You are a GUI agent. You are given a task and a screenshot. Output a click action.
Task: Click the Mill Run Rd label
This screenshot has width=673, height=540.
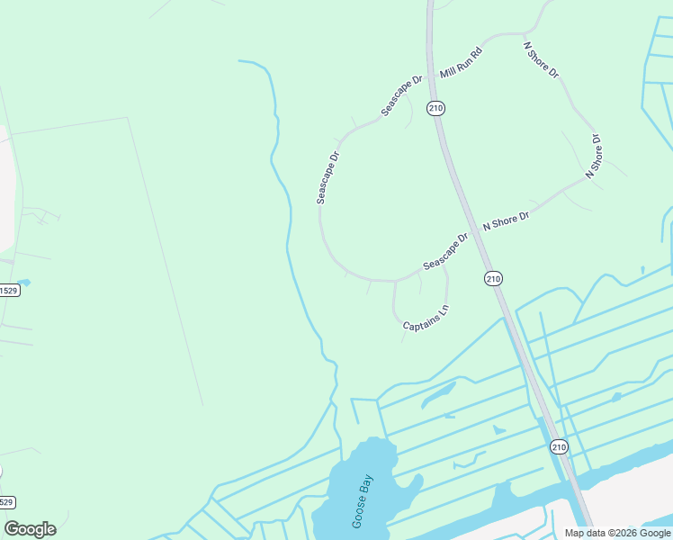(462, 62)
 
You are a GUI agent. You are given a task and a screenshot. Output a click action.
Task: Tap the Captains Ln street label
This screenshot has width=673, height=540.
(425, 319)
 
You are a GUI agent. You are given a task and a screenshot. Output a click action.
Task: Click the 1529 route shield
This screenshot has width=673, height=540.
(8, 290)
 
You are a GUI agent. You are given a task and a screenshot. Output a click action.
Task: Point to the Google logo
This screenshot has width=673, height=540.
(30, 529)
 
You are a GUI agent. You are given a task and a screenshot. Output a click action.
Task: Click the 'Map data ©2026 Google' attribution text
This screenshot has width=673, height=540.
(617, 533)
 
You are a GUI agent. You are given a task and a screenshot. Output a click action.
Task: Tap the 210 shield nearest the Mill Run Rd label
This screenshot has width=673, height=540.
(436, 108)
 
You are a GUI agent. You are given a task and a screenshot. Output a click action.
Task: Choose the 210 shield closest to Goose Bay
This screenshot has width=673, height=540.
(558, 446)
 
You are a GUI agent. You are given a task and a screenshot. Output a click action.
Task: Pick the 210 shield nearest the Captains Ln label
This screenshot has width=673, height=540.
(492, 278)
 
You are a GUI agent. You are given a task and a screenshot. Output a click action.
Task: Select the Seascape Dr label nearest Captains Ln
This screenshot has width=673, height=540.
(445, 252)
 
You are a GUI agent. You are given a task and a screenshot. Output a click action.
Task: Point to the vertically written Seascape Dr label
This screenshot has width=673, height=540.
(328, 177)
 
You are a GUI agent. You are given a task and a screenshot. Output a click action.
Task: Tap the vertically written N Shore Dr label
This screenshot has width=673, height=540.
(593, 156)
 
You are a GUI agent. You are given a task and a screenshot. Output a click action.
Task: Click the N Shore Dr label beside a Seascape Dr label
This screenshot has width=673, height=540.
(506, 220)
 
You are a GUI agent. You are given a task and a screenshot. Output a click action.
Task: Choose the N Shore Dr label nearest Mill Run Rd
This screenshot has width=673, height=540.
(541, 58)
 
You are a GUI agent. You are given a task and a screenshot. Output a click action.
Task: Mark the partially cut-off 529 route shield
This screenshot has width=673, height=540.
(7, 502)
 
